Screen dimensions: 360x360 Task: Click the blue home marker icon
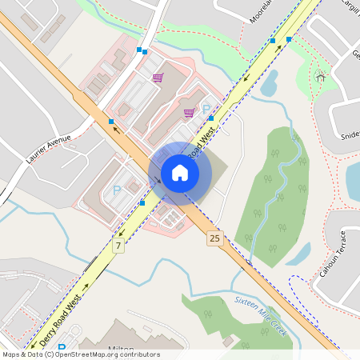(x=180, y=173)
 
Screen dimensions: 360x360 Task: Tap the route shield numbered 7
(x=118, y=245)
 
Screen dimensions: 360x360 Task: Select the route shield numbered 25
(x=214, y=238)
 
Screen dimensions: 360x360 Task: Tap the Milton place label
(x=120, y=349)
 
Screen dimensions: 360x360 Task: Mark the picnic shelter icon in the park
(x=321, y=77)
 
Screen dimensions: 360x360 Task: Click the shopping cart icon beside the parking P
(x=189, y=113)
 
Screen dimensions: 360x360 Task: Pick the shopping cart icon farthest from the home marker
(x=158, y=78)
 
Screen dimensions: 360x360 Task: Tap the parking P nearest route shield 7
(x=117, y=190)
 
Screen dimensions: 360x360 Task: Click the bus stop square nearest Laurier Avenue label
(x=111, y=122)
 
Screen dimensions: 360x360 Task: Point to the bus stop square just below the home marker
(x=142, y=203)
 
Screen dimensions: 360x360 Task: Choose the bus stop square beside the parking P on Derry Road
(x=211, y=118)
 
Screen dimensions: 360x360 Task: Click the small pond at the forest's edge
(x=298, y=254)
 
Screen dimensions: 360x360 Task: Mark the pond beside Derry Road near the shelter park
(x=269, y=82)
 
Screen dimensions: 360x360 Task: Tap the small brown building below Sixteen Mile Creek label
(x=229, y=342)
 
